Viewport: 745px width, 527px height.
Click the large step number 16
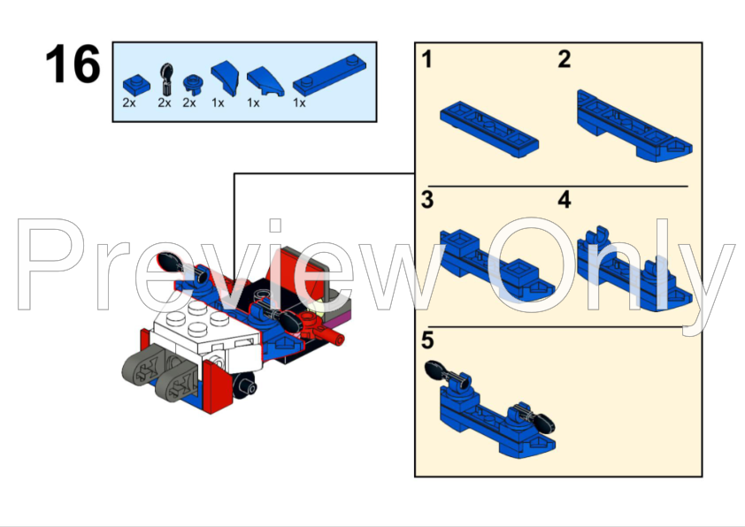coord(73,65)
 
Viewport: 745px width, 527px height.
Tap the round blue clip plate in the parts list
coord(189,85)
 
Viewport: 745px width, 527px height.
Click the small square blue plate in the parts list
coord(135,85)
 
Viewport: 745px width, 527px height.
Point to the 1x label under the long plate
coord(299,103)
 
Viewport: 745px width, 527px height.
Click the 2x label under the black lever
coord(165,103)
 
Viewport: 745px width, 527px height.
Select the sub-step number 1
coord(427,60)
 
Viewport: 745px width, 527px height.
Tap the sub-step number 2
coord(565,60)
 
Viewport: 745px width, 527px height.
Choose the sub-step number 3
coord(427,200)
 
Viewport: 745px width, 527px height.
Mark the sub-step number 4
coord(565,200)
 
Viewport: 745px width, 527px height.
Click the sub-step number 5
coord(428,340)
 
